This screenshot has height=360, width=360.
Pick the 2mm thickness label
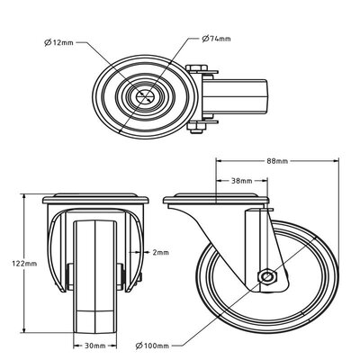coord(161,253)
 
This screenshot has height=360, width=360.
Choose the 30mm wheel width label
coord(94,345)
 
